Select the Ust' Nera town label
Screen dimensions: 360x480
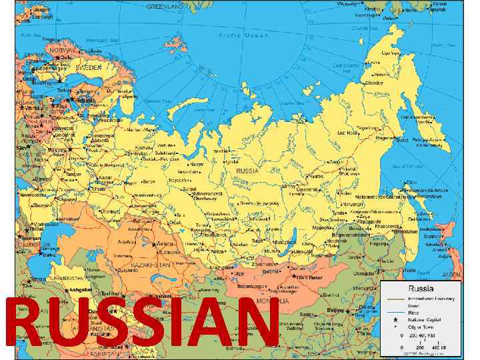pyautogui.click(x=347, y=133)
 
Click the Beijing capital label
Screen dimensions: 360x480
pyautogui.click(x=335, y=310)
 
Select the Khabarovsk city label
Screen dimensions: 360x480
pyautogui.click(x=389, y=227)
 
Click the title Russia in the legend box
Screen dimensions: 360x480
pyautogui.click(x=421, y=289)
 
